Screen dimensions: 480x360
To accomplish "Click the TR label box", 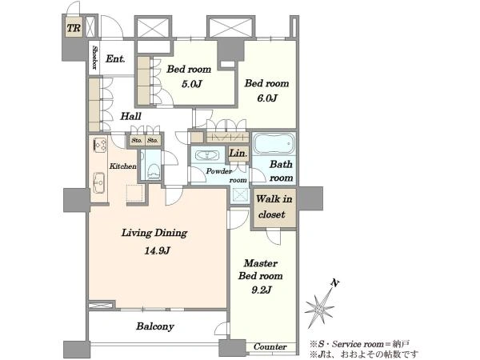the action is (74, 28).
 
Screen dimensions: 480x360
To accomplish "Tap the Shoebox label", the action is (95, 58).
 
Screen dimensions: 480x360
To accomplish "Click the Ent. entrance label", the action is (115, 58).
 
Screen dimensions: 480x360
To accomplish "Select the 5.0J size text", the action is (192, 83).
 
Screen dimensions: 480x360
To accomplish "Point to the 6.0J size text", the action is (267, 98).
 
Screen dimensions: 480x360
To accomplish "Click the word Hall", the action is (130, 116).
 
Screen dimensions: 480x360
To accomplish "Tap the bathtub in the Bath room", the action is (274, 143).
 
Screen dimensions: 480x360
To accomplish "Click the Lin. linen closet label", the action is (238, 153).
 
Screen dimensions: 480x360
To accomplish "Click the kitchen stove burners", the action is (100, 144).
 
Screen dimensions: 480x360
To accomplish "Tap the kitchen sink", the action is (99, 182).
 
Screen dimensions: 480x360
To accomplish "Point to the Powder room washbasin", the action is (207, 155).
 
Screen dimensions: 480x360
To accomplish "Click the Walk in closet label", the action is (274, 206).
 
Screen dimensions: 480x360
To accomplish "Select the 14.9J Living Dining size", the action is (158, 251).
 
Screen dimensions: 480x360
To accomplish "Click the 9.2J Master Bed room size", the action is (261, 290).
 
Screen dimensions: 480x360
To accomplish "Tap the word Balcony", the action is (155, 326).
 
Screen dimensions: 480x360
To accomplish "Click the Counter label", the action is (270, 346).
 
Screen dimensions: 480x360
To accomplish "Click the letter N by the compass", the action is (335, 283).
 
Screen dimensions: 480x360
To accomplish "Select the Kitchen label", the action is (122, 166).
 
